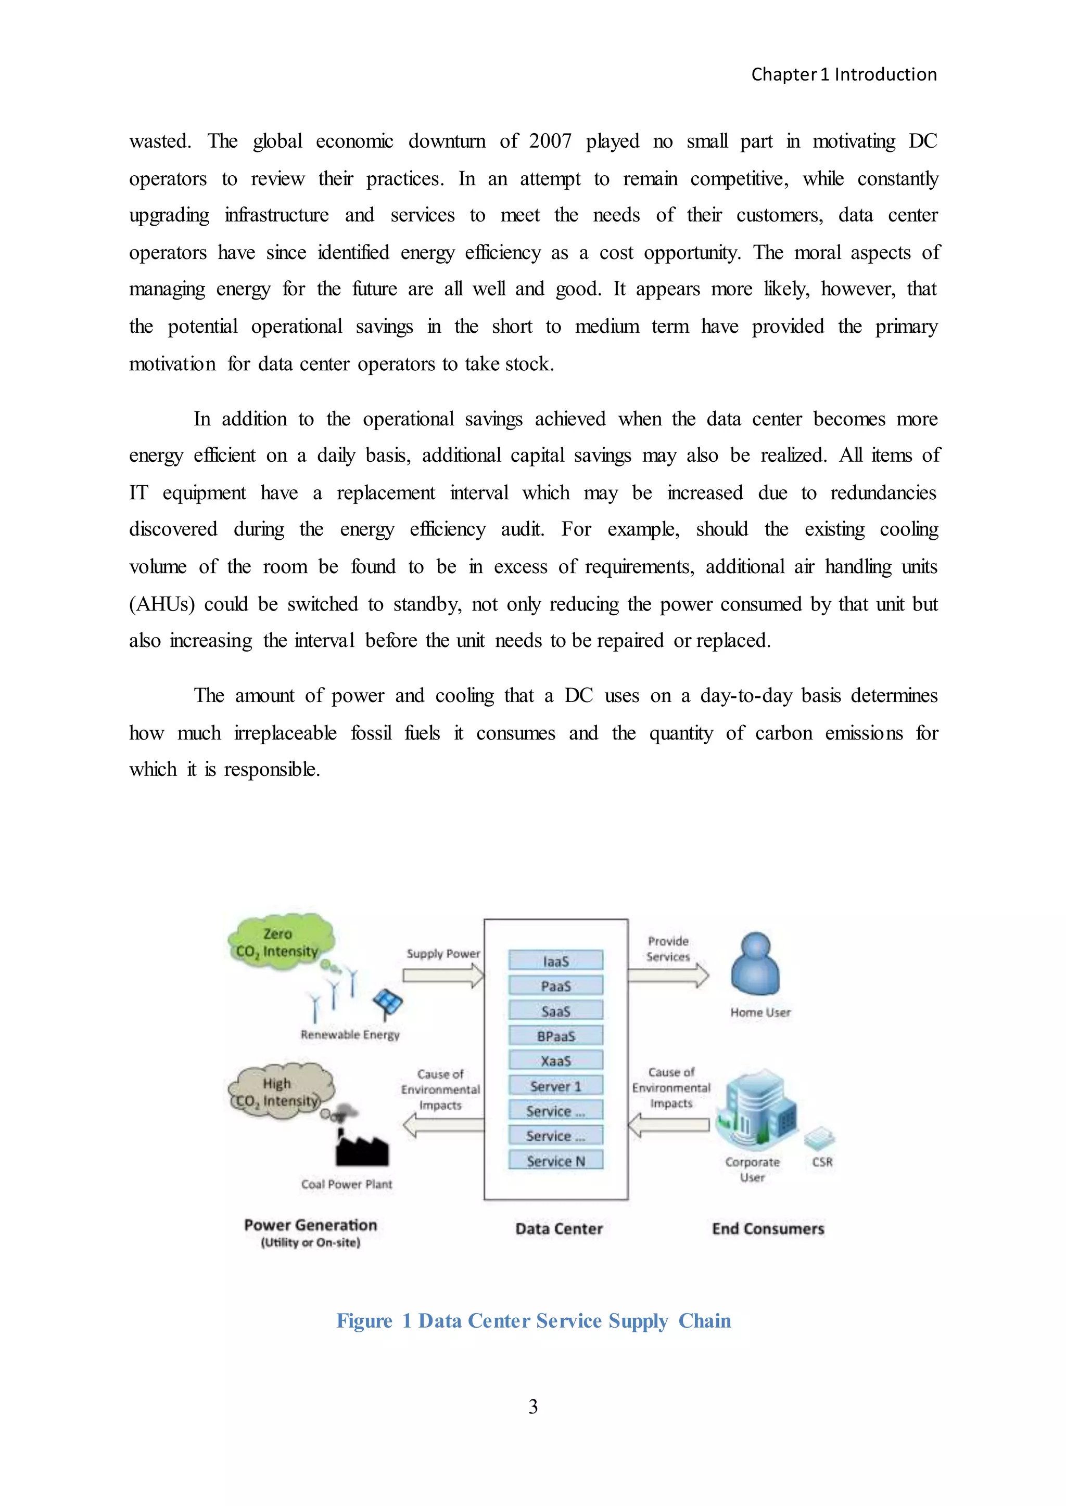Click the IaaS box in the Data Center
555,960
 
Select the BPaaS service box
555,1036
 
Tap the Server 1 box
555,1085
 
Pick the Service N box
555,1160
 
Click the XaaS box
555,1061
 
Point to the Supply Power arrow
443,976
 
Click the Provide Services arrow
668,975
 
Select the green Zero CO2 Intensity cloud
280,942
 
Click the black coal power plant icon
362,1147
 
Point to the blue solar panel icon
387,1002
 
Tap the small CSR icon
820,1139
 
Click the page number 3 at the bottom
533,1406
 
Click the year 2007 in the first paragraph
550,141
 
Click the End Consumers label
768,1228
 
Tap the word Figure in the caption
364,1320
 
